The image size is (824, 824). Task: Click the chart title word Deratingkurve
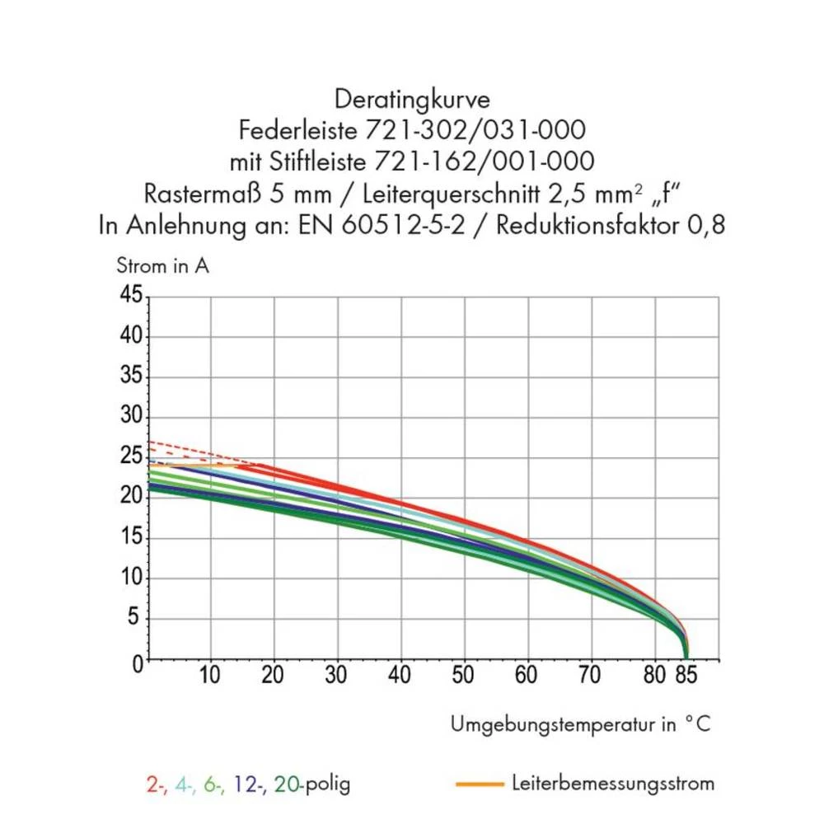click(x=412, y=100)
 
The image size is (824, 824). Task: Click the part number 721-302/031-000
click(x=471, y=129)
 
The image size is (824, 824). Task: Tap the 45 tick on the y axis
click(x=131, y=296)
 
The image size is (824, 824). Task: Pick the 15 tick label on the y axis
click(x=131, y=537)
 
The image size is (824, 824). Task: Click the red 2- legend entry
click(x=156, y=784)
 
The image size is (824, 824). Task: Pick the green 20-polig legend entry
click(x=311, y=784)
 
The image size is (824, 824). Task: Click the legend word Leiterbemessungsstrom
click(x=612, y=783)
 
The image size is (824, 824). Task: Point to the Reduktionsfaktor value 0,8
click(x=706, y=224)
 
